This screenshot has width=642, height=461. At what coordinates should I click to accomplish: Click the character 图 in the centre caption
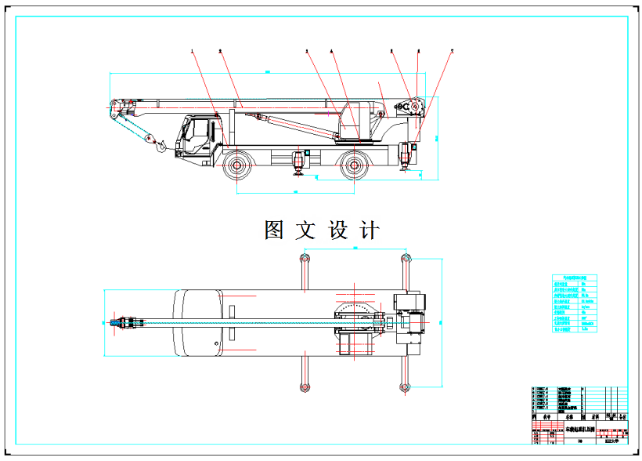point(274,230)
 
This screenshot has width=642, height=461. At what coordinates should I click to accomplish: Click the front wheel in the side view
point(236,165)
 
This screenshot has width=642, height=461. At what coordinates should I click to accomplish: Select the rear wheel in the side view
point(355,165)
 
